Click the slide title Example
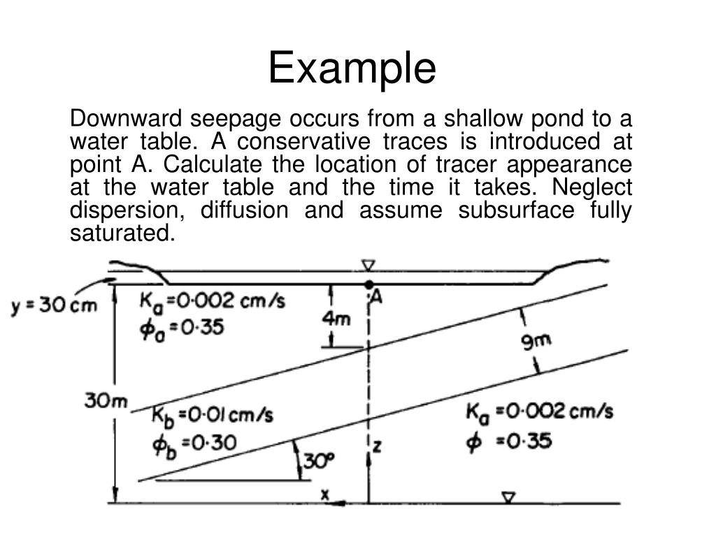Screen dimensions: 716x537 [352, 69]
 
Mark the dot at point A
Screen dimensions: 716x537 [368, 285]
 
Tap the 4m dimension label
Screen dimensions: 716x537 [337, 319]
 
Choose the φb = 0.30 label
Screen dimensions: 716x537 [195, 443]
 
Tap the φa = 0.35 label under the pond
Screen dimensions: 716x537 [181, 327]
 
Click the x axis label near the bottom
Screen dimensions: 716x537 [324, 494]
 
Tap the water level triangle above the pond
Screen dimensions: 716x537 [368, 265]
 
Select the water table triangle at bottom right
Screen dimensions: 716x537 [510, 497]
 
